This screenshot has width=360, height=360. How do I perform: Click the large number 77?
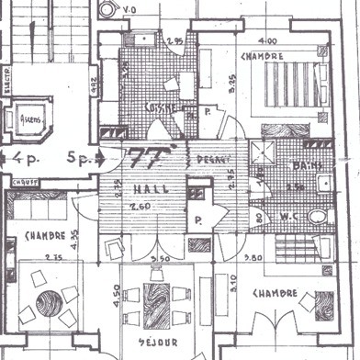coord(146,157)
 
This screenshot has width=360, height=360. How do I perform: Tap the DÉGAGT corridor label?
coord(213,159)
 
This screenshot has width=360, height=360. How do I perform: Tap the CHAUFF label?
coord(25,183)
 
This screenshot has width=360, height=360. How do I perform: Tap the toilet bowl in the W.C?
coord(317,218)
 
